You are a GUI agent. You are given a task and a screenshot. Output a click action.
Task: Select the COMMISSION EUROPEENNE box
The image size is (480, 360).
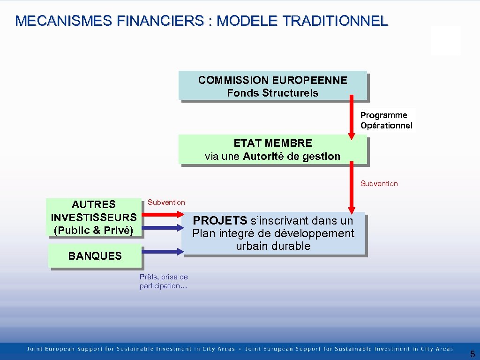click(272, 85)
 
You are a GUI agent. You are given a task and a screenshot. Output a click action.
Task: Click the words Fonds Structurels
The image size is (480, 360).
click(272, 93)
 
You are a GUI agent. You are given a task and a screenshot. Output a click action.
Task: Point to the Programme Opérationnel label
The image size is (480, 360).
click(386, 120)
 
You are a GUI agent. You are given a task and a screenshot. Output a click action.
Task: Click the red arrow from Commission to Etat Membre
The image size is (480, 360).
click(351, 117)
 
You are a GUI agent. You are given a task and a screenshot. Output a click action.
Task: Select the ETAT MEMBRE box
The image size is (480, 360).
click(272, 150)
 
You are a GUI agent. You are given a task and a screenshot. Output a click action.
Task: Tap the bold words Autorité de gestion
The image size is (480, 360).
click(292, 156)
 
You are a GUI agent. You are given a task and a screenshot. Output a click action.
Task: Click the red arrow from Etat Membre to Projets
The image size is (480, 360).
click(351, 187)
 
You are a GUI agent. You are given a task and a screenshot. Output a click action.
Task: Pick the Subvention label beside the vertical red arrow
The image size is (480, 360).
click(379, 184)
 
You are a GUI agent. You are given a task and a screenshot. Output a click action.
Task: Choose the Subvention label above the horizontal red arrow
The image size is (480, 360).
click(166, 202)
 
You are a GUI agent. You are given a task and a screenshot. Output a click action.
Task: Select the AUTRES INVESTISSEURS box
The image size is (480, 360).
click(94, 217)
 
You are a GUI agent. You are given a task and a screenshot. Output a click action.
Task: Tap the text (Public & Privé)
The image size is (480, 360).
click(94, 230)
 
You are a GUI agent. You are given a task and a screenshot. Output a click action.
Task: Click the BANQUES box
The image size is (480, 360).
click(95, 256)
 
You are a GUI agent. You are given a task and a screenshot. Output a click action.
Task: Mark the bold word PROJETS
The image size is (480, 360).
click(220, 220)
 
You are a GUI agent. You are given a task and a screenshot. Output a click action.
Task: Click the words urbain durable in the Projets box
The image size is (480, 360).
click(273, 246)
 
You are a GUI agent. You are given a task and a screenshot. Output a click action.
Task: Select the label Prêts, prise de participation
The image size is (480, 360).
click(163, 281)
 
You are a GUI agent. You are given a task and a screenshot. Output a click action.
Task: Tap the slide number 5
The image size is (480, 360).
click(472, 354)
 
